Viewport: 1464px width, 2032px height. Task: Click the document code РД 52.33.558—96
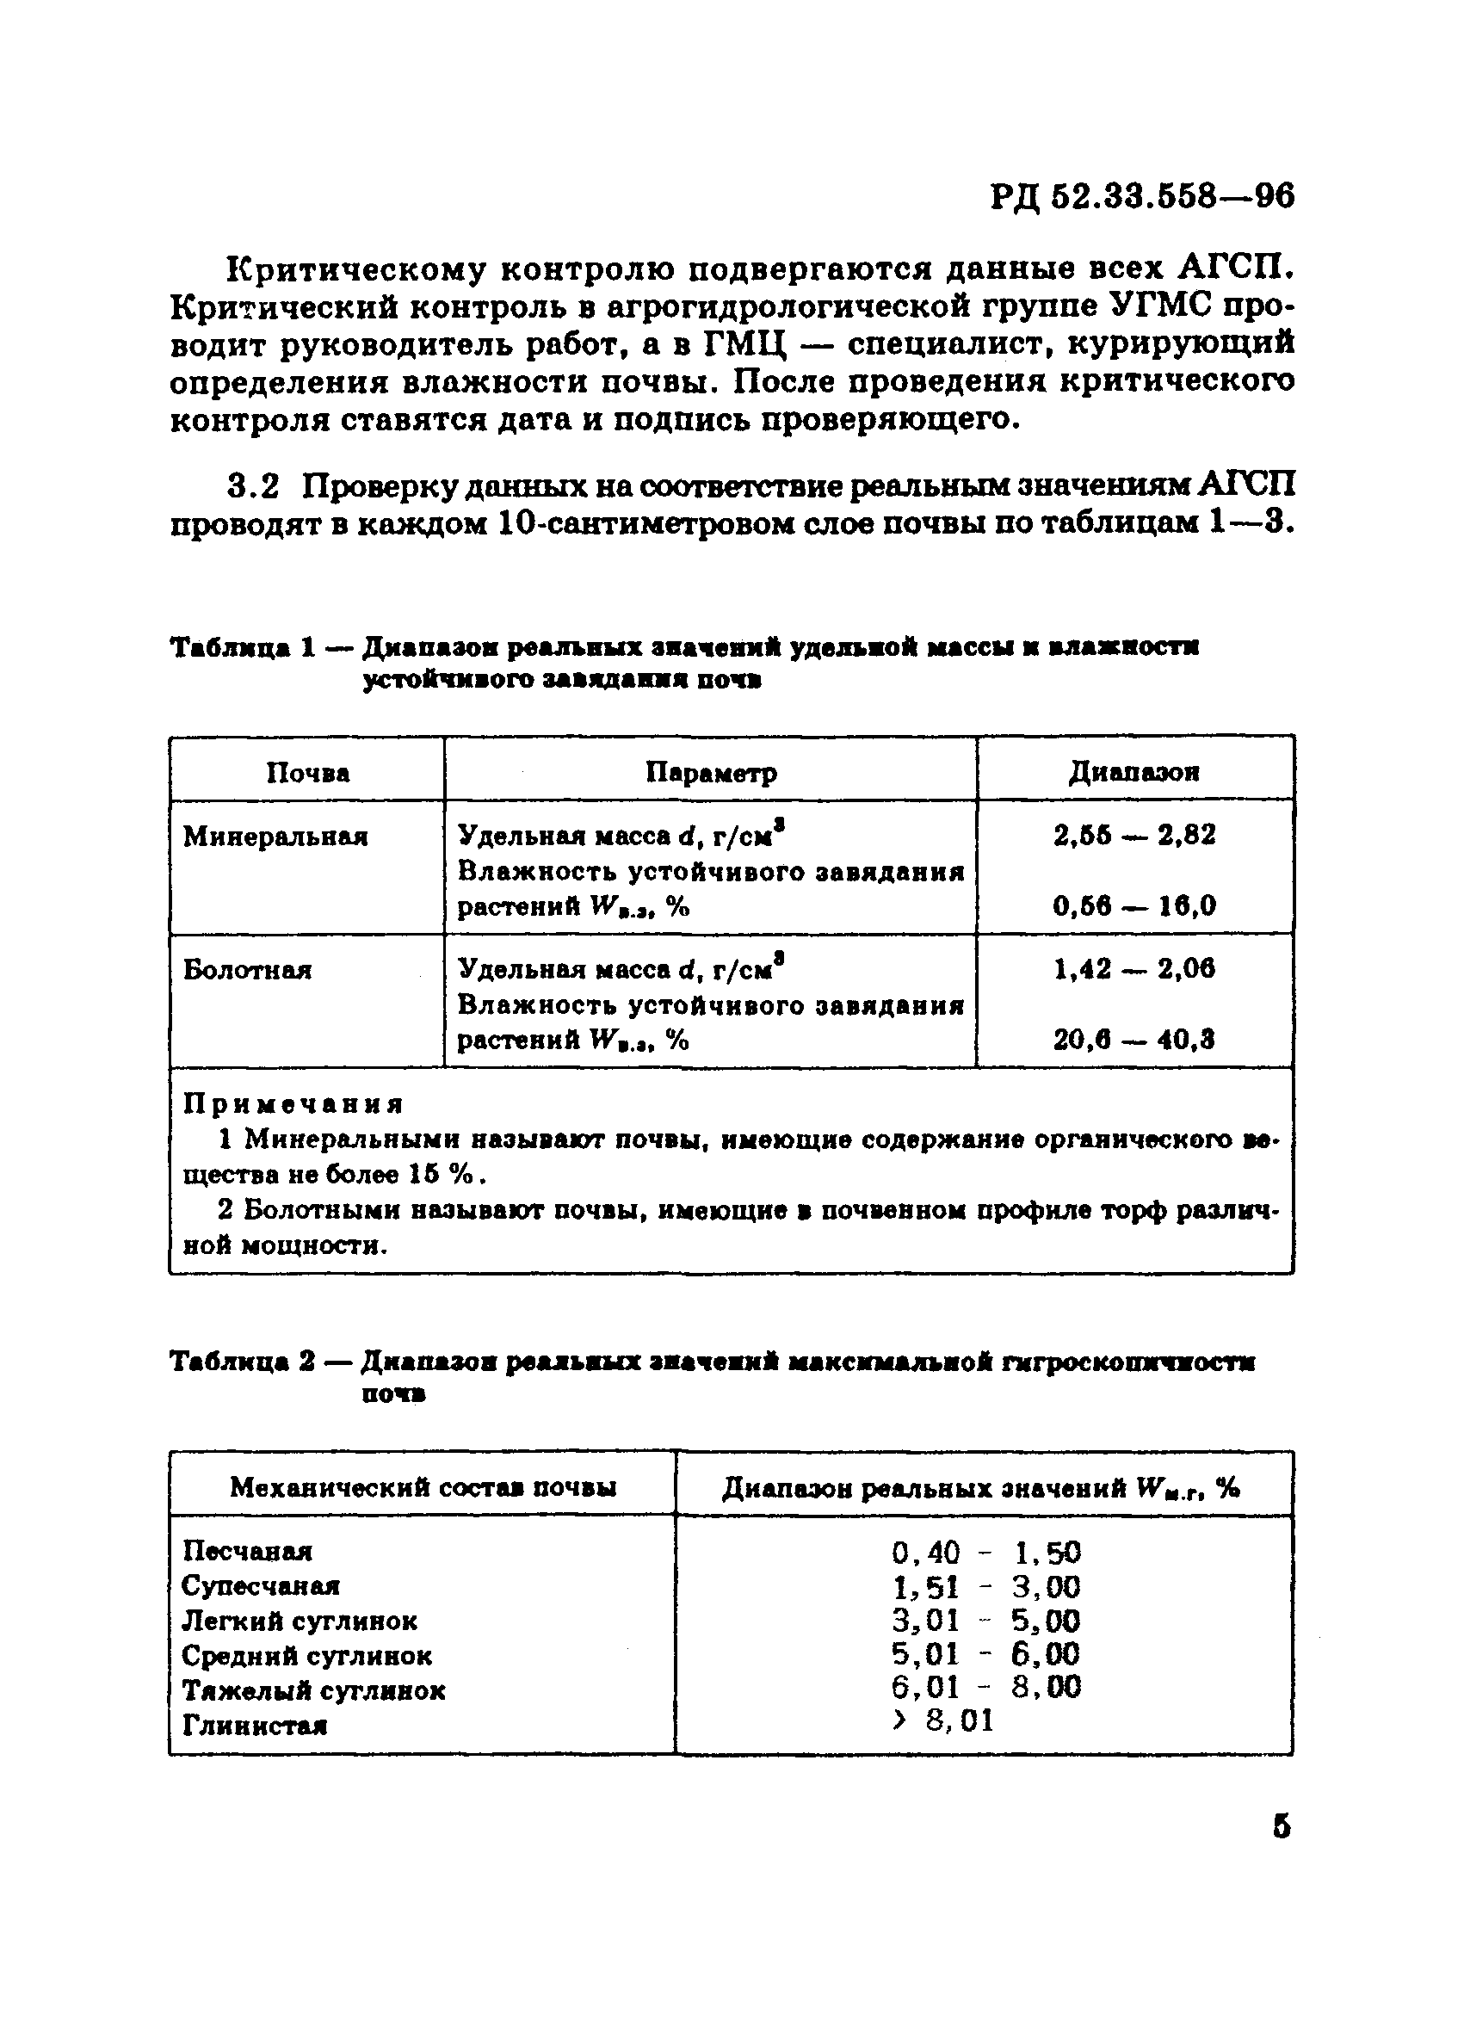[x=1142, y=196]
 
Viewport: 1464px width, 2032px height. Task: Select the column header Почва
[x=307, y=772]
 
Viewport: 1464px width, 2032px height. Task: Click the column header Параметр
[x=712, y=772]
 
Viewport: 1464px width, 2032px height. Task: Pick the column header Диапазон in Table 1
[x=1134, y=771]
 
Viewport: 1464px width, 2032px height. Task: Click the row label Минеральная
[x=275, y=837]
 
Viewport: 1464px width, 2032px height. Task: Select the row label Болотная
[x=247, y=970]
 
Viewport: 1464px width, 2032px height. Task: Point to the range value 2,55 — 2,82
[x=1134, y=835]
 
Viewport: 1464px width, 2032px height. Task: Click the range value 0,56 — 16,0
[x=1134, y=906]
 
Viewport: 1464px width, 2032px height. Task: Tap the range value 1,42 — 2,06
[x=1134, y=968]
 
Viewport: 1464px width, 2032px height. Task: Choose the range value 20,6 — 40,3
[x=1134, y=1041]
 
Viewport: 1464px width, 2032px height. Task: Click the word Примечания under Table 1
[x=293, y=1104]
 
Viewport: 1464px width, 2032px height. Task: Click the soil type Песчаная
[x=247, y=1551]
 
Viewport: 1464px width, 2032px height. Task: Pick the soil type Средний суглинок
[x=306, y=1655]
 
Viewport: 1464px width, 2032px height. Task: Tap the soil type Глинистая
[x=255, y=1725]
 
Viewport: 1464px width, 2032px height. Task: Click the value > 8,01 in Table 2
[x=943, y=1721]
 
